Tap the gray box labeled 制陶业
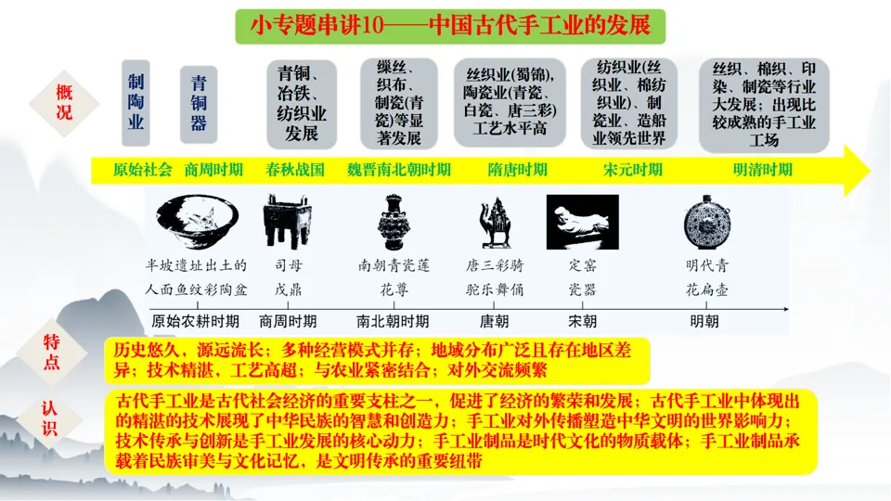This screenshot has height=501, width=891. pos(136,101)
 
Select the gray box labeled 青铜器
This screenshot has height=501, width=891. pos(198,101)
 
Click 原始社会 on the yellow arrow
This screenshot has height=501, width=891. pos(143,170)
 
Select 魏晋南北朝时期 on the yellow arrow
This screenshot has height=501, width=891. pos(399,170)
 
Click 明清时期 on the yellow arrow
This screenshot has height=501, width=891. pos(763,170)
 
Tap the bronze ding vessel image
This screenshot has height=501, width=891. pos(284,222)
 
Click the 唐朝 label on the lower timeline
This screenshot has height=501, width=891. pos(493,322)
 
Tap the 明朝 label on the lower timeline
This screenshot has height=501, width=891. pos(704,322)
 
